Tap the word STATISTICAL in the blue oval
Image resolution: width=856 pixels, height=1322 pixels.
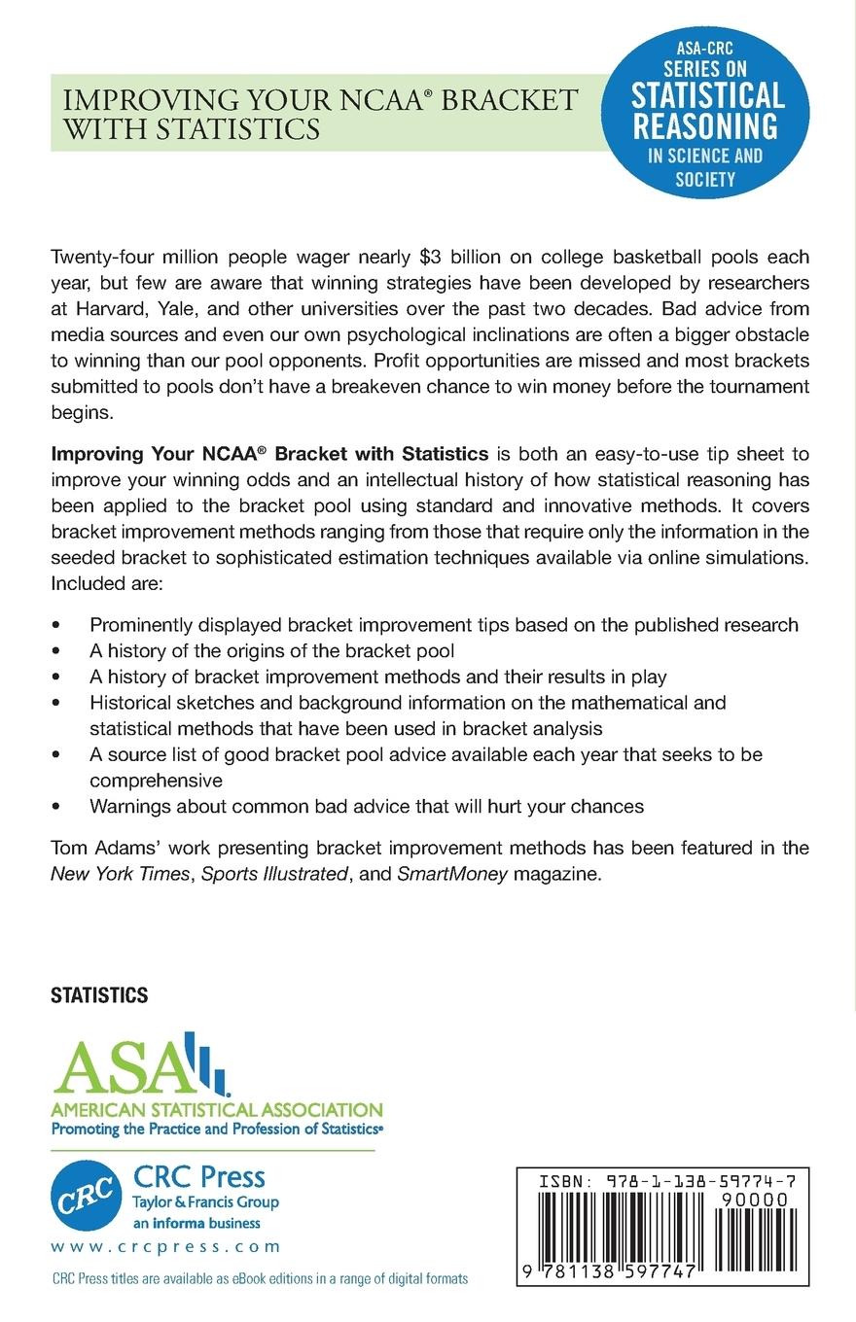coord(707,94)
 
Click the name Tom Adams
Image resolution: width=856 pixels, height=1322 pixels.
coord(97,849)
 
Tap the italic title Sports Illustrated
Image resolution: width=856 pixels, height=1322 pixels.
coord(273,874)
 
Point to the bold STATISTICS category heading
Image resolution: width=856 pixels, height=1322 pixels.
coord(99,995)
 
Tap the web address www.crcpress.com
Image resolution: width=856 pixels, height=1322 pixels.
coord(165,1247)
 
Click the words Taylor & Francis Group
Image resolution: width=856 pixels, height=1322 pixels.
coord(205,1202)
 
